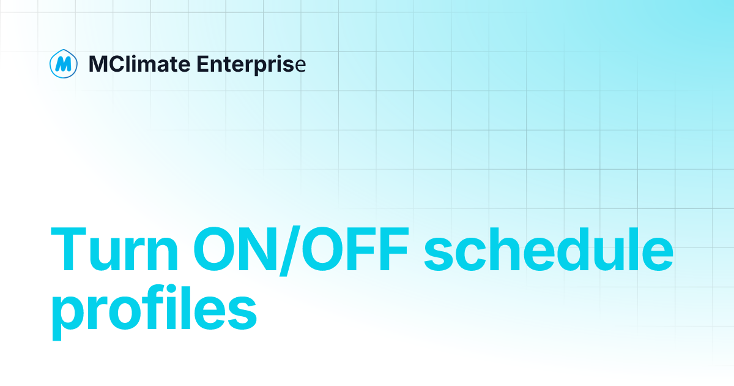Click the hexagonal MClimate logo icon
(x=62, y=63)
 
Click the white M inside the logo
(x=62, y=64)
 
